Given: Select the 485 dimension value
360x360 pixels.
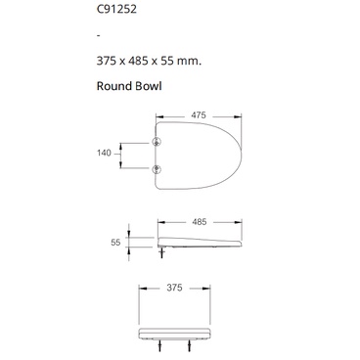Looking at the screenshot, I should [199, 222].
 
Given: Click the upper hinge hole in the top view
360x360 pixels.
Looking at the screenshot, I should [158, 142].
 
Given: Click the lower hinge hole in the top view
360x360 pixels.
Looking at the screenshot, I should [158, 168].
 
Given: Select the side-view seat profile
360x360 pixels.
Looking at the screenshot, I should [201, 241].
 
